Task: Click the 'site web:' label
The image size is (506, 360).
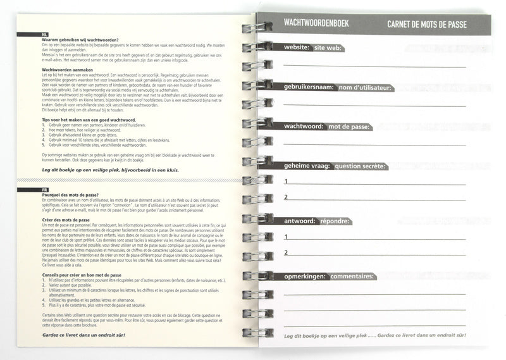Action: pos(326,48)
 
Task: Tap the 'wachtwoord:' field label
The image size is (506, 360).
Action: pos(304,127)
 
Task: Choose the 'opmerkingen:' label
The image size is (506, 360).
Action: pos(305,276)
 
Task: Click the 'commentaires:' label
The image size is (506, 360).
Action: pos(352,276)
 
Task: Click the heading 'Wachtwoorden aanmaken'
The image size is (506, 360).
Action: pos(70,70)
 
